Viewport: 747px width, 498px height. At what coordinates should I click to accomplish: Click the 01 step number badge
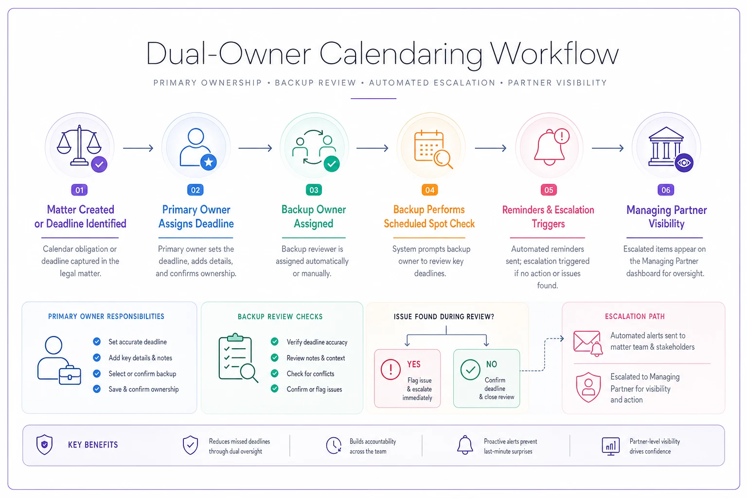(x=79, y=190)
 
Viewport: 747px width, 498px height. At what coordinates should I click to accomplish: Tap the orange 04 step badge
(x=429, y=190)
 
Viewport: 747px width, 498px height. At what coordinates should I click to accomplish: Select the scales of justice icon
(x=79, y=145)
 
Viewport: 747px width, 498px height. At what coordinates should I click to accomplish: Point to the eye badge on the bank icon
(x=684, y=163)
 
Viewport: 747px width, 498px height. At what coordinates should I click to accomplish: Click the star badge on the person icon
(x=209, y=162)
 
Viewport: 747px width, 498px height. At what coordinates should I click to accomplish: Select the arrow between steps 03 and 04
(x=372, y=148)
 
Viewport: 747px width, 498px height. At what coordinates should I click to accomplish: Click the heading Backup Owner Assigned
(x=314, y=216)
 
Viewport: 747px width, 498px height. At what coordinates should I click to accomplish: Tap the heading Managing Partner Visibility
(x=666, y=216)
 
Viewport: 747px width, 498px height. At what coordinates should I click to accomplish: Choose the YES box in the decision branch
(x=407, y=378)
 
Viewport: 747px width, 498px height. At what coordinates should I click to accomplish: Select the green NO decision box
(x=486, y=378)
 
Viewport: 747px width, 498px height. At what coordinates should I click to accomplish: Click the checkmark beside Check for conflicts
(x=274, y=373)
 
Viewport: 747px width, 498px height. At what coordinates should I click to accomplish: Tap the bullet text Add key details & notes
(x=141, y=358)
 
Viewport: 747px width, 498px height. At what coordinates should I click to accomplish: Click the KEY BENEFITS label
(x=93, y=445)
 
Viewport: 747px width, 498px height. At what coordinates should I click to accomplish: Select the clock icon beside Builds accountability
(x=334, y=445)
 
